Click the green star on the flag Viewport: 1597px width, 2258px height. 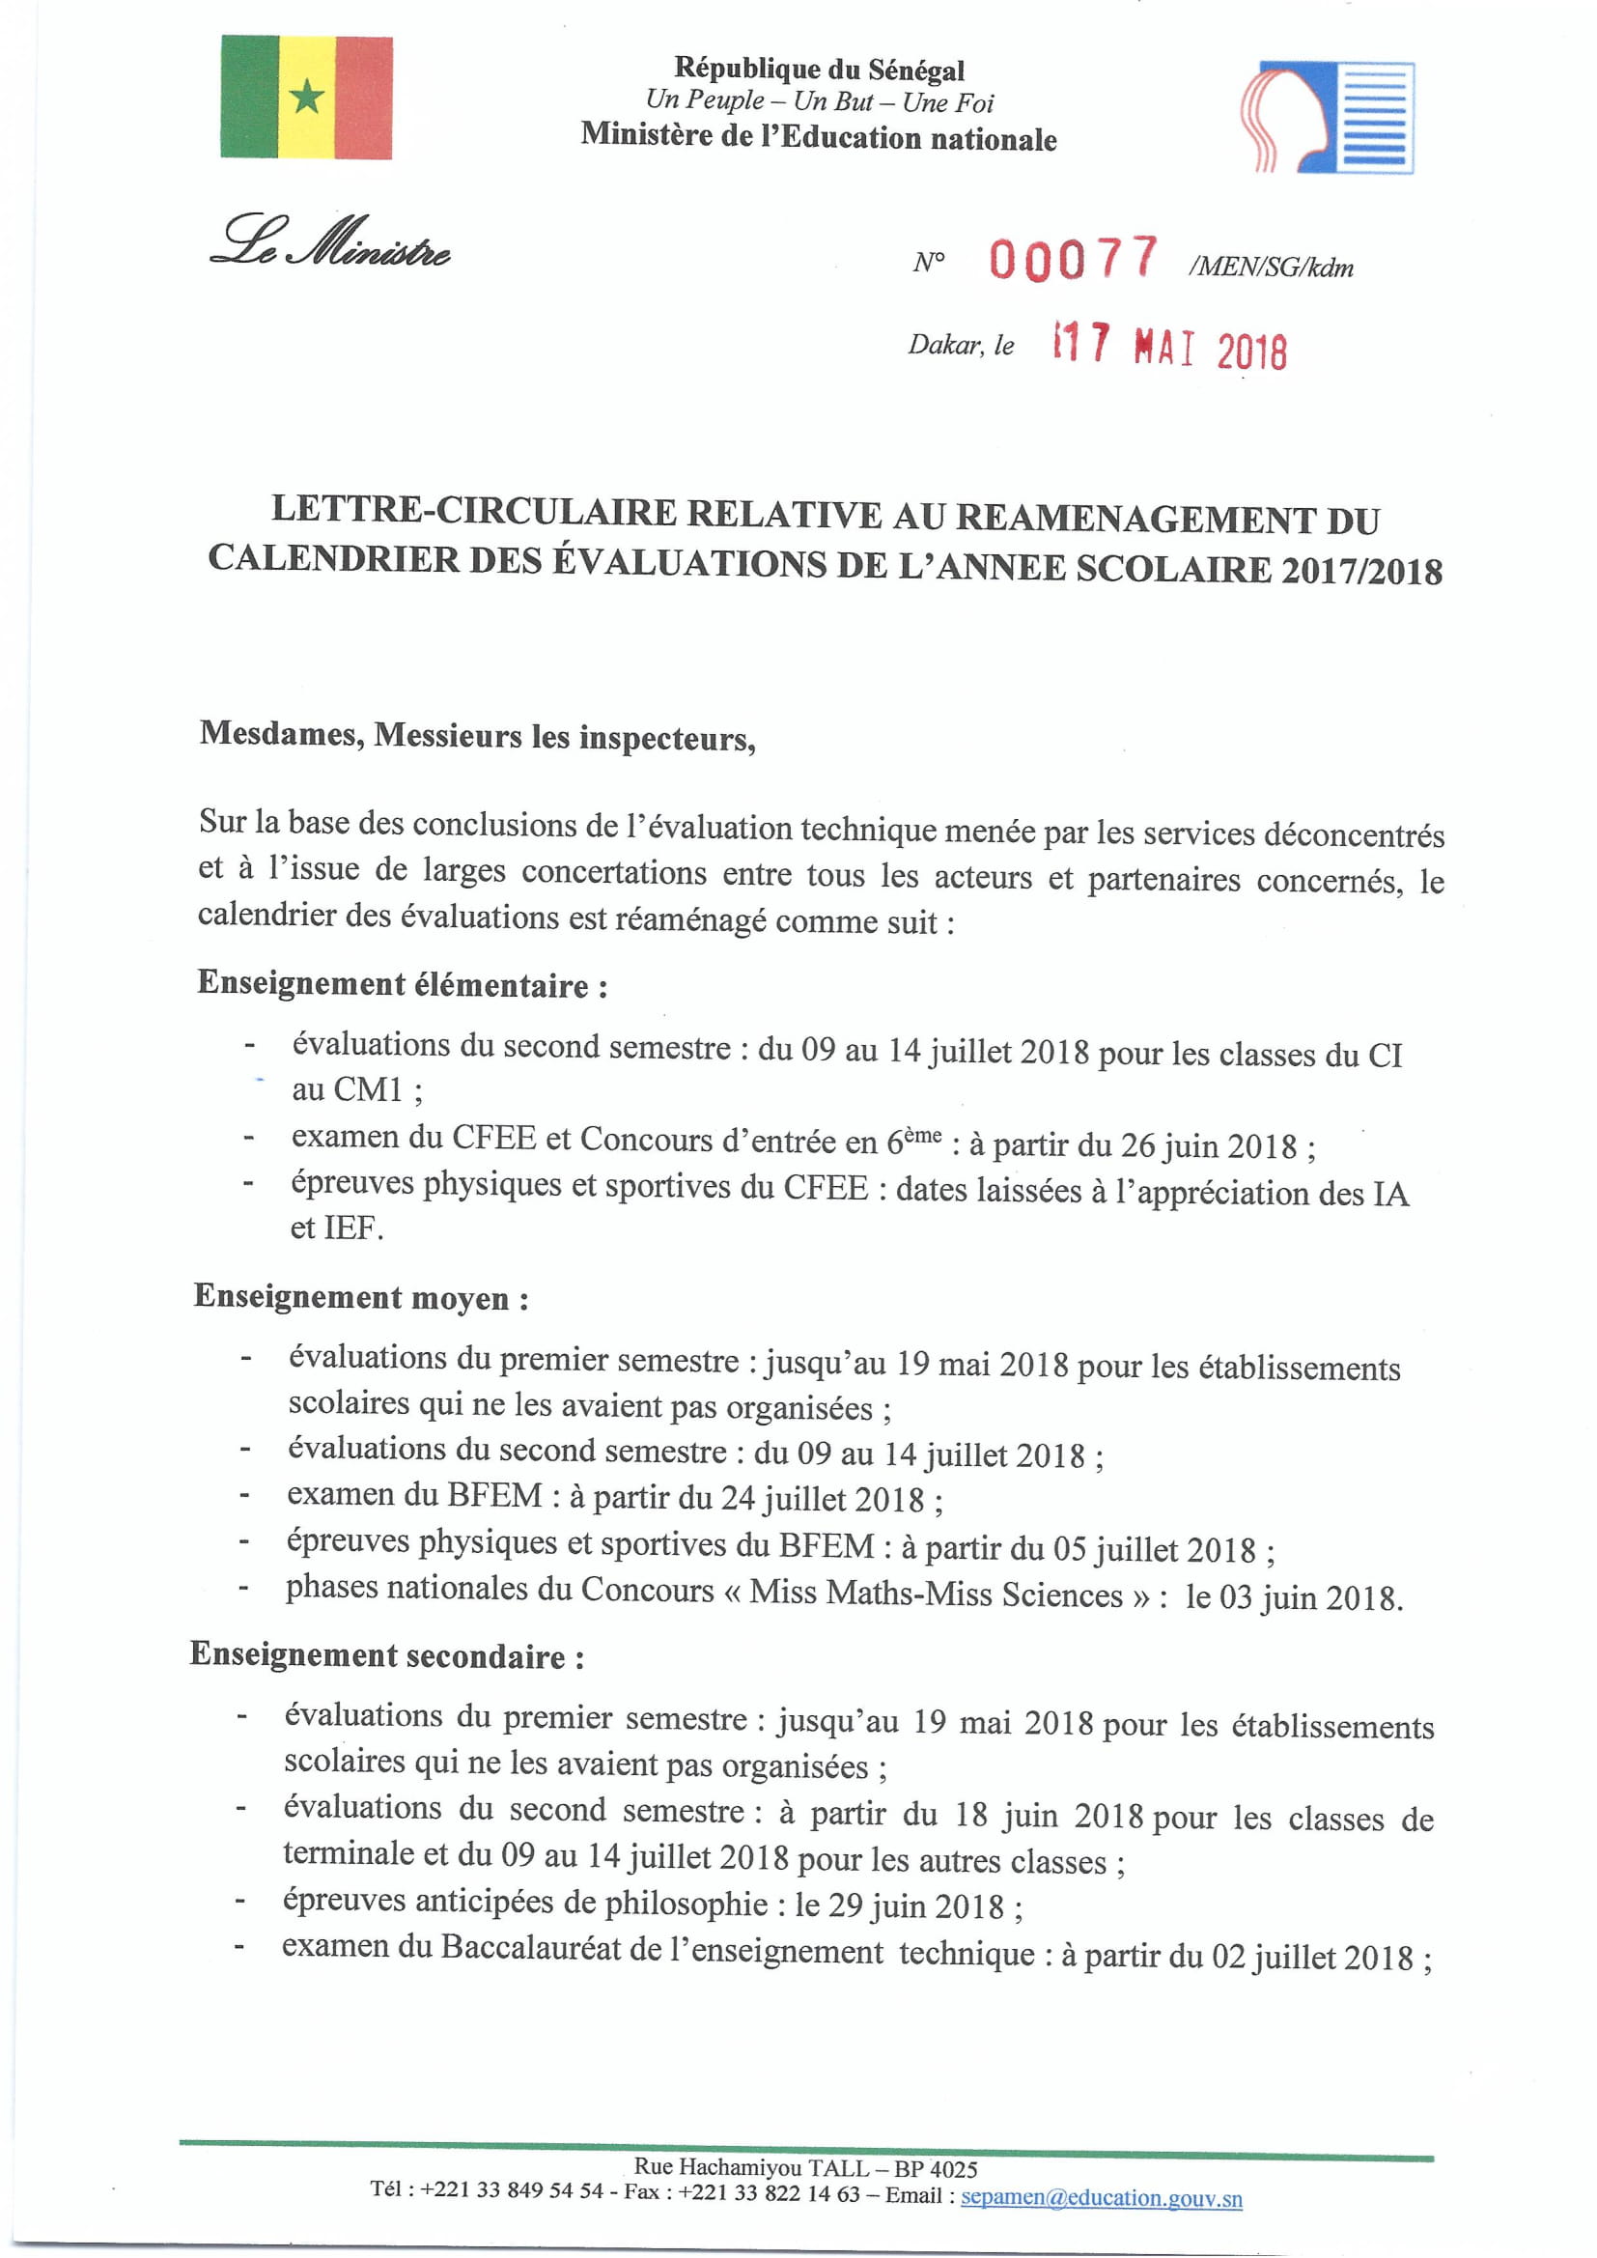307,98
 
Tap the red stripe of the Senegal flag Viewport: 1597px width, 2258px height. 364,98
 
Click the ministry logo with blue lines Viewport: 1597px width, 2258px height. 1328,117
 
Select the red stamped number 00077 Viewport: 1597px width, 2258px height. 1073,261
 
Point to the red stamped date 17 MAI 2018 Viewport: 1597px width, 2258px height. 1169,346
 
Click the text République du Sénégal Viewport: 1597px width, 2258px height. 818,69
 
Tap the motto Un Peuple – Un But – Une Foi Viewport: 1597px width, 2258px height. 818,101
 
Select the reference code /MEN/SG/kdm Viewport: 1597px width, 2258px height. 1271,268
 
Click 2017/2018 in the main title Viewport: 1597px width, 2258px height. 1361,572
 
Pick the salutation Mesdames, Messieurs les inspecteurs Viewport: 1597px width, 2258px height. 478,736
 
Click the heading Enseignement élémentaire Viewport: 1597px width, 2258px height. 403,983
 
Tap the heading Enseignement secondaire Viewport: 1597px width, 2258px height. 387,1656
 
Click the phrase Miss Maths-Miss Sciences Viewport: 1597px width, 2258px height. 936,1594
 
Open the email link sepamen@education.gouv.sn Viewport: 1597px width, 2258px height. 1101,2198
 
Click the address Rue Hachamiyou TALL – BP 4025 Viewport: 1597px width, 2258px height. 804,2167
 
